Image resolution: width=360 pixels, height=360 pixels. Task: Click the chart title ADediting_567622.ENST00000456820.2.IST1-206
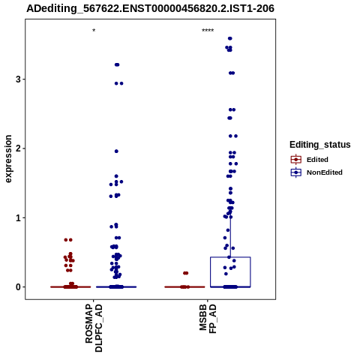coord(150,8)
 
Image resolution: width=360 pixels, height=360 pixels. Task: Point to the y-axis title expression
coord(8,159)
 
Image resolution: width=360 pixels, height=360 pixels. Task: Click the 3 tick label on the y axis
coord(18,79)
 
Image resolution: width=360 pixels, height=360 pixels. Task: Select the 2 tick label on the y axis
coord(18,148)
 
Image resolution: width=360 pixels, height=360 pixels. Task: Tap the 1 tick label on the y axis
coord(18,217)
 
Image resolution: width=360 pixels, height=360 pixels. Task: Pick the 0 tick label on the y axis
coord(18,287)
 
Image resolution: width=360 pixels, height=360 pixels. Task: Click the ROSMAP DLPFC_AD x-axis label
coord(94,328)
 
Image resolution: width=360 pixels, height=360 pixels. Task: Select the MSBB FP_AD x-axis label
coord(208,319)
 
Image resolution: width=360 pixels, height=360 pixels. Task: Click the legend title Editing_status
coord(320,145)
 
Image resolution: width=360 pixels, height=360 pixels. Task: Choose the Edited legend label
coord(317,160)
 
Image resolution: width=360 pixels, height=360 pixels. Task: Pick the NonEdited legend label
coord(325,172)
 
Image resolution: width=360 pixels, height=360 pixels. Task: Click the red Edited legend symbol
coord(296,160)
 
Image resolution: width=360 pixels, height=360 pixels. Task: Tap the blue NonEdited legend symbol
coord(296,172)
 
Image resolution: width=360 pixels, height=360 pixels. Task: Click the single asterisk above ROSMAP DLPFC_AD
coord(94,31)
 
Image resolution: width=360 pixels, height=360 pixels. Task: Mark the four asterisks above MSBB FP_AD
coord(208,31)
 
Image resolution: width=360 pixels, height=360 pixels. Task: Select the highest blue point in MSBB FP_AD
coord(230,38)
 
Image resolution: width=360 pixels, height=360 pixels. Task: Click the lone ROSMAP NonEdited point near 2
coord(116,151)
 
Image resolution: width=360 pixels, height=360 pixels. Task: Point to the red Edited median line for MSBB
coord(184,287)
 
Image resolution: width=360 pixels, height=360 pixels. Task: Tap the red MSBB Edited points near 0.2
coord(185,273)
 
